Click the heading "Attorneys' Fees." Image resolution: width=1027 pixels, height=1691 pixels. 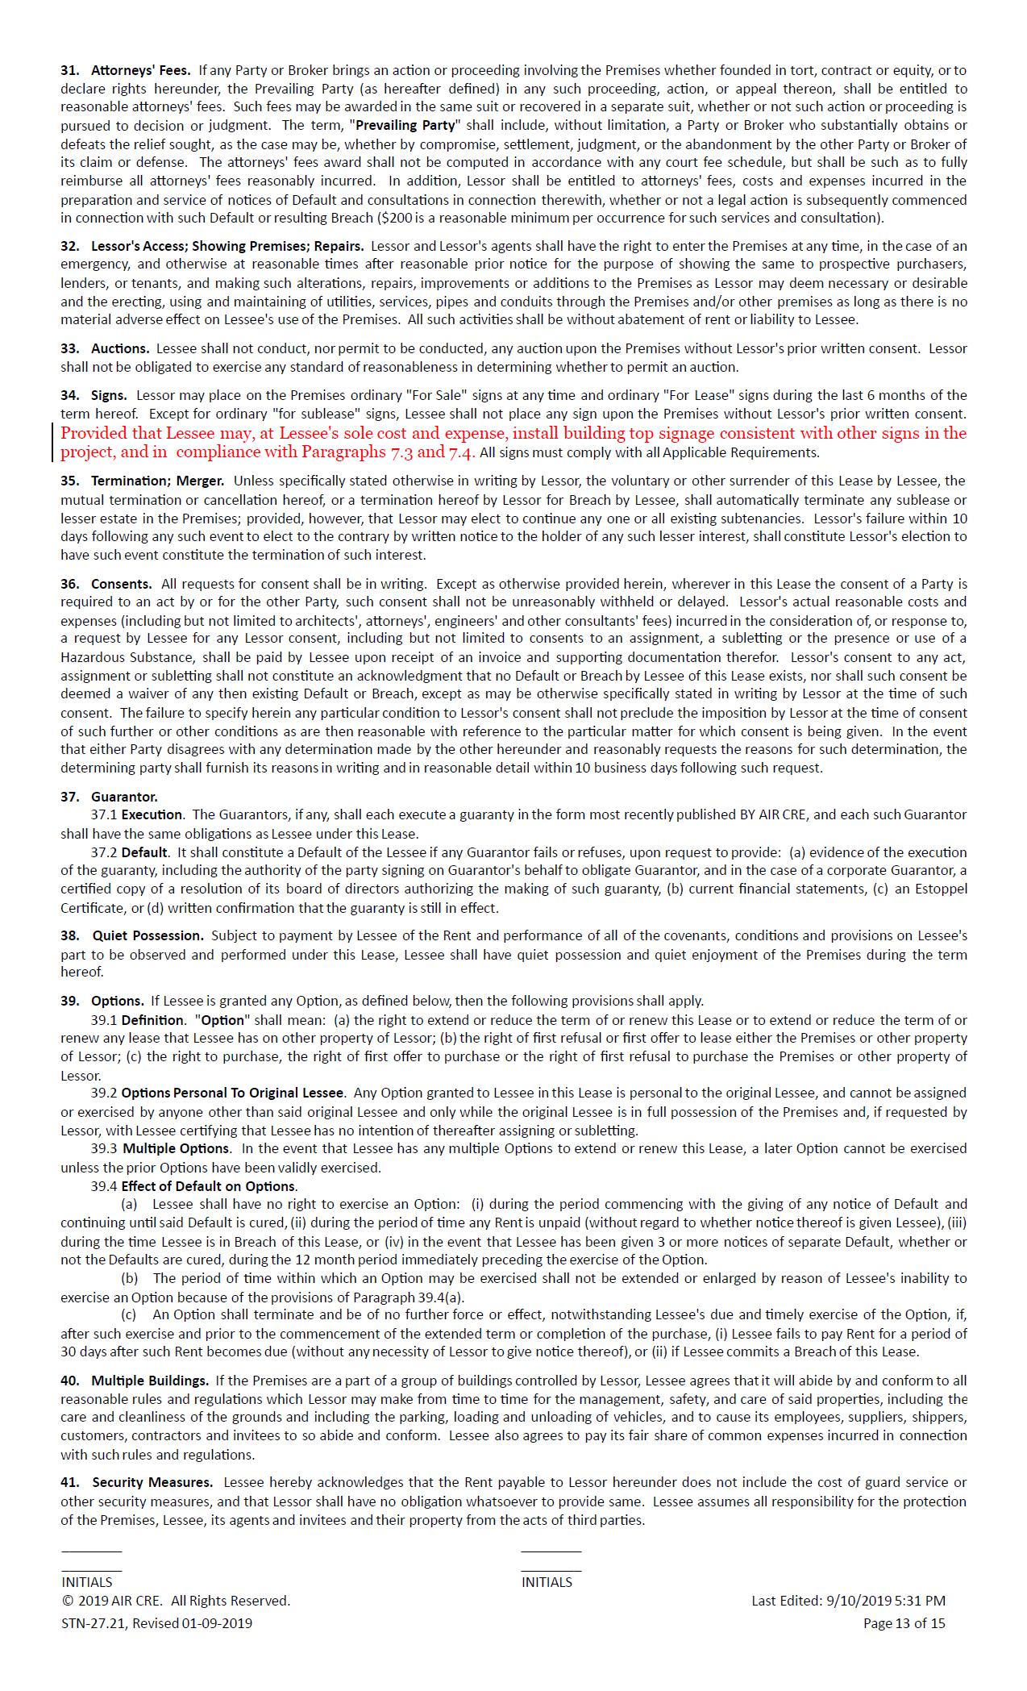(140, 70)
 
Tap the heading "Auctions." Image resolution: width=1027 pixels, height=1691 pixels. (120, 348)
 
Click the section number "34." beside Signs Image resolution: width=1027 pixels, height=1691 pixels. (70, 395)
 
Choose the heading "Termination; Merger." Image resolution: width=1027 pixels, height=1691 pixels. (157, 481)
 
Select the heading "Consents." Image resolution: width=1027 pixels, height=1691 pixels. (121, 583)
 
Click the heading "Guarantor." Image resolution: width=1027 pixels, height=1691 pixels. (124, 797)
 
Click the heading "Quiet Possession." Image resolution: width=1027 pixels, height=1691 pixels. (148, 935)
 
